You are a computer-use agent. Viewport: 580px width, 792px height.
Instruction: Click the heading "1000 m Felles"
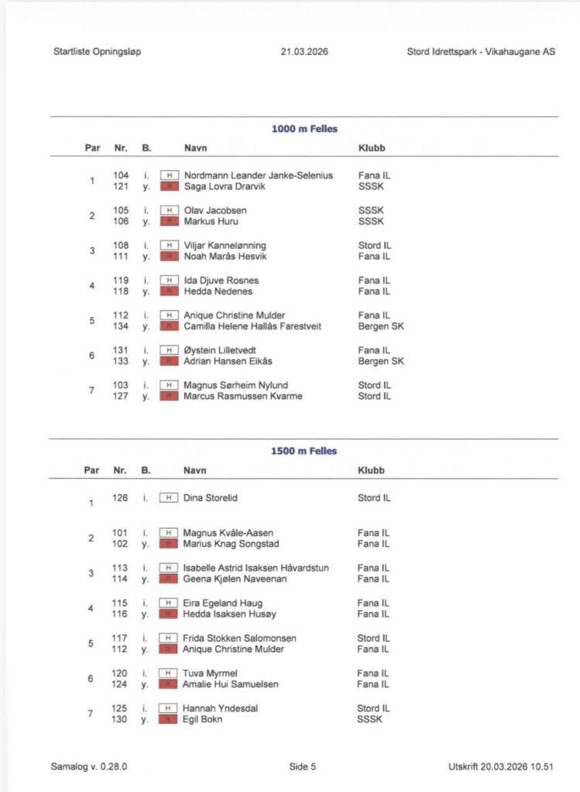point(304,129)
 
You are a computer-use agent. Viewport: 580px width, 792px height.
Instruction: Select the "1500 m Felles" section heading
point(304,451)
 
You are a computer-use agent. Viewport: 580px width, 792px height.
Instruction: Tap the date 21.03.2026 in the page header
point(305,53)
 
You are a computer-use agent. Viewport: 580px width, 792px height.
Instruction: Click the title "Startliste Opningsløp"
point(98,53)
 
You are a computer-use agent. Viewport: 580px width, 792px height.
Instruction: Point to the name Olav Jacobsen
point(215,210)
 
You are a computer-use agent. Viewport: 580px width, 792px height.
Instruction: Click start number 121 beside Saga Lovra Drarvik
point(120,186)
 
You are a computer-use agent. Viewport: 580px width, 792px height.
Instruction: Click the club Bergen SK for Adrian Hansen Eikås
point(380,361)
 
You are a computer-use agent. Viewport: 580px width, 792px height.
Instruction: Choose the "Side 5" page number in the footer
point(303,767)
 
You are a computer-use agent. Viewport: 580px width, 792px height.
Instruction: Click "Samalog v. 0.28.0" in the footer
point(89,767)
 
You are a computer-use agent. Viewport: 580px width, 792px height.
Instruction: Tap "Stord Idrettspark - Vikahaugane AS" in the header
point(480,53)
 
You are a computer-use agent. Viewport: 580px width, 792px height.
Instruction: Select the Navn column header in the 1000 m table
point(195,148)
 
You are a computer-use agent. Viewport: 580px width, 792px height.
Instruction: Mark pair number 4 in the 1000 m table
point(91,286)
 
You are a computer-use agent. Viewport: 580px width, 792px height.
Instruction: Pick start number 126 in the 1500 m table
point(120,498)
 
